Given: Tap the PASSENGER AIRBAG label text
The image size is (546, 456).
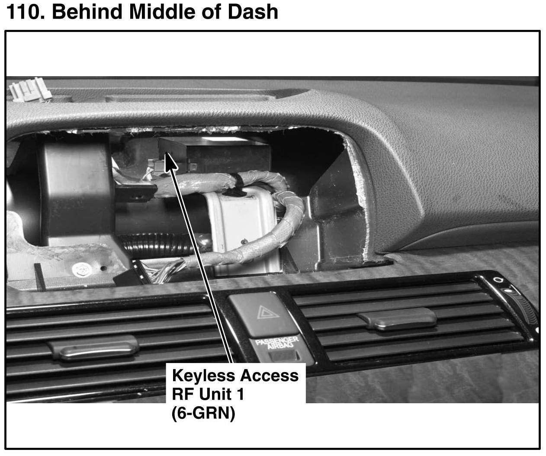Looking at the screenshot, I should pos(277,343).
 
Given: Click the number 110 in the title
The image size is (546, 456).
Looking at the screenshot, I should pos(26,12).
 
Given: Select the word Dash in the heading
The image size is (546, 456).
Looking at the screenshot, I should pos(255,12).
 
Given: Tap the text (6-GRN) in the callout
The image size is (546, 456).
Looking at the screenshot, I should pos(203,414).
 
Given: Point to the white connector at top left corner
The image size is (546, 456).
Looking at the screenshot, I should pos(30,90).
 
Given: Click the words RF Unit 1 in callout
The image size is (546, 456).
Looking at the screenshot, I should pos(208,395).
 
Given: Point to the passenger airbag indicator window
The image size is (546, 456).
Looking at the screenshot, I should pos(283,356).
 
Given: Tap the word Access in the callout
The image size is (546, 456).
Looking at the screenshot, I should pos(269,376).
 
